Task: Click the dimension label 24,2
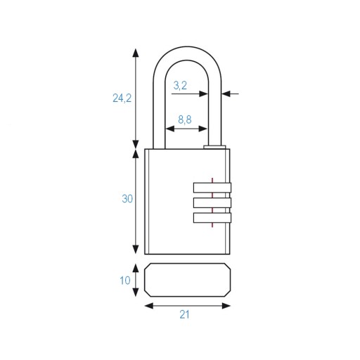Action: tap(122, 98)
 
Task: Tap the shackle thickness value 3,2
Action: tap(180, 86)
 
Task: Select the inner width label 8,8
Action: tap(185, 120)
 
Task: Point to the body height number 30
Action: tap(127, 199)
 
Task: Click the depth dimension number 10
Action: tap(125, 281)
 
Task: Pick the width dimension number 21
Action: tap(184, 314)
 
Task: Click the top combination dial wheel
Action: tap(212, 188)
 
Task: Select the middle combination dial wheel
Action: tap(212, 202)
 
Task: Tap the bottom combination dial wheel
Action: tap(212, 218)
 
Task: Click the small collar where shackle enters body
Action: tap(214, 147)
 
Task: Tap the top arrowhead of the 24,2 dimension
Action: tap(136, 53)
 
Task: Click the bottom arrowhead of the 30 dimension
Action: tap(136, 250)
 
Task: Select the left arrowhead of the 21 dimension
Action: tap(149, 306)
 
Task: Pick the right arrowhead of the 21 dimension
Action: tap(226, 306)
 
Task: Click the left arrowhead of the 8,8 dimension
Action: tap(170, 129)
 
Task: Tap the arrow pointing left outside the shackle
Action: tap(230, 94)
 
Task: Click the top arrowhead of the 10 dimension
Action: tap(136, 268)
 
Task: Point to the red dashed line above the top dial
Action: tap(212, 180)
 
